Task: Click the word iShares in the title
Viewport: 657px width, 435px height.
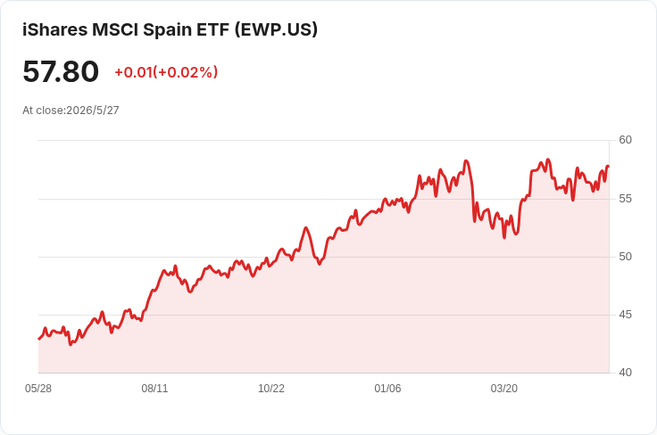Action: [54, 29]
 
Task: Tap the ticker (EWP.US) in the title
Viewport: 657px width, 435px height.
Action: [276, 29]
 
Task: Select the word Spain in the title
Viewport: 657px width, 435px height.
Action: [167, 30]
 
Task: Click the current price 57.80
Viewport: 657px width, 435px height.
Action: [61, 71]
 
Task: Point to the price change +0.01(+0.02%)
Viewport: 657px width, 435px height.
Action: [166, 72]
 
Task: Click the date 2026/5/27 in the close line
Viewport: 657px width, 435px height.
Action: [93, 110]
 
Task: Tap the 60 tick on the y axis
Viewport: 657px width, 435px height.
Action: [625, 140]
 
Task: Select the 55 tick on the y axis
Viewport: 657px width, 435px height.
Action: [625, 198]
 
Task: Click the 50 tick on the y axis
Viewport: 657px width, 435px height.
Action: [625, 257]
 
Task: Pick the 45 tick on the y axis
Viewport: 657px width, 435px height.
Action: [625, 314]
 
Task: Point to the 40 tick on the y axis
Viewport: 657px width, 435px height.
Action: [625, 373]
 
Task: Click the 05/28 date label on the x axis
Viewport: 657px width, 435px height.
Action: [38, 389]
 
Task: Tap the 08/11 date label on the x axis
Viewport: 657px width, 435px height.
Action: [154, 389]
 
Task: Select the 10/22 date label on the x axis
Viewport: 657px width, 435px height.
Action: [271, 389]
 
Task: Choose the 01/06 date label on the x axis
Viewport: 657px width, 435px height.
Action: [387, 389]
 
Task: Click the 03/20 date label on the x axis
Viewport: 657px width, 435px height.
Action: [504, 389]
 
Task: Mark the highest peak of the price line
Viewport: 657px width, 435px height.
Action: [548, 160]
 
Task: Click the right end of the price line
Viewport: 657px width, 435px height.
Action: [609, 167]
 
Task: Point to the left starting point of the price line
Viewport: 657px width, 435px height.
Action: [39, 339]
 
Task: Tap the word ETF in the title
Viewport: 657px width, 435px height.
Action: [212, 29]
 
